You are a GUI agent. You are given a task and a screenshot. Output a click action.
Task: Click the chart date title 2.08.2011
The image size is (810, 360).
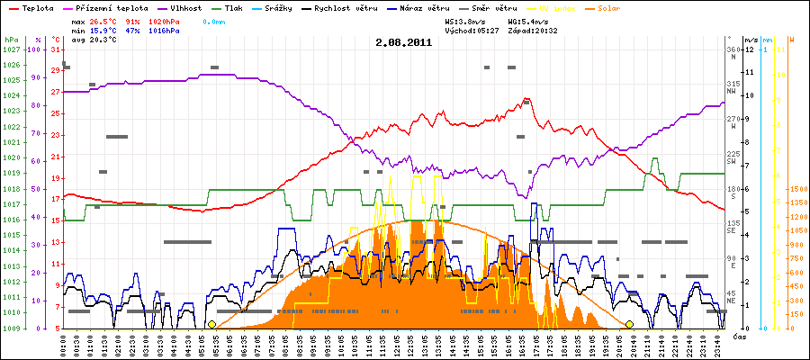404,42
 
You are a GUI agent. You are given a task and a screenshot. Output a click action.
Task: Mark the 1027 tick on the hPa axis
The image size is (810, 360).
11,50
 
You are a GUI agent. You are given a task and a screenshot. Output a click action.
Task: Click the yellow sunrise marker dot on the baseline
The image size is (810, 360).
211,324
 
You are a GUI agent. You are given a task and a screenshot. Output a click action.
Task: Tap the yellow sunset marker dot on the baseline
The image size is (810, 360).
630,324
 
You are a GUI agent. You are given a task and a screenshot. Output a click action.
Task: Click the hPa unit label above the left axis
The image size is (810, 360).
12,40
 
